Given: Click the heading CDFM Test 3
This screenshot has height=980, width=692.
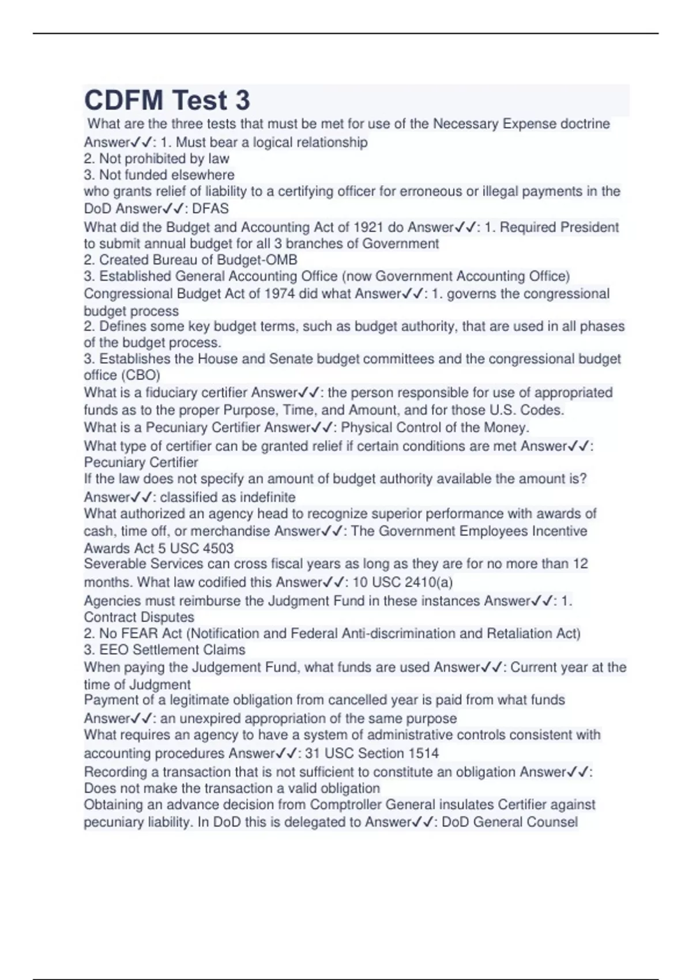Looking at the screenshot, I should (167, 100).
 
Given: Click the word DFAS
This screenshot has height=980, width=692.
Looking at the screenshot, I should (210, 209).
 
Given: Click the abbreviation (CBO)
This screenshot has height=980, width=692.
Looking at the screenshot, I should (140, 375).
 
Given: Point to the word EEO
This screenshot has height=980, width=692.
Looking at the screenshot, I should (114, 650).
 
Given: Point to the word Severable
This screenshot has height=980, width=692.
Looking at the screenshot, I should (114, 564).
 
